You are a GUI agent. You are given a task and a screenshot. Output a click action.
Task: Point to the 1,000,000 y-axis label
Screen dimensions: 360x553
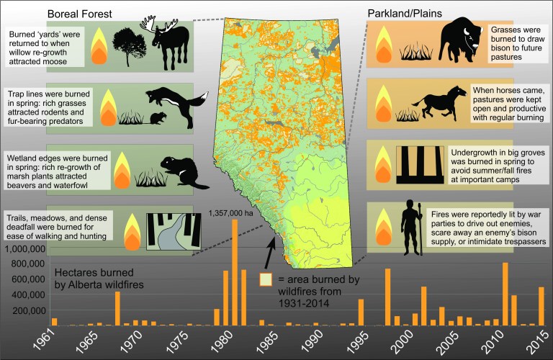[26, 249]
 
